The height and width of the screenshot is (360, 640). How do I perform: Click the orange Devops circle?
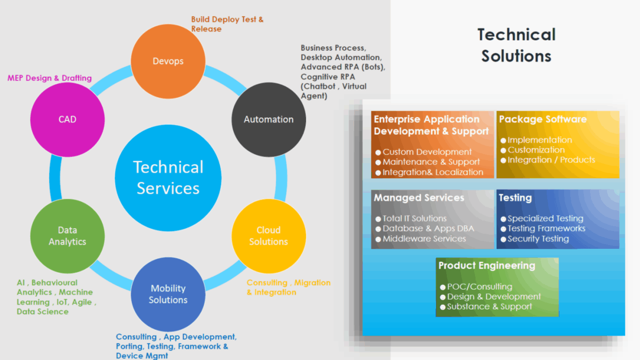click(x=168, y=61)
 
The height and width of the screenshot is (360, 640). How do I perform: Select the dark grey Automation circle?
click(x=269, y=120)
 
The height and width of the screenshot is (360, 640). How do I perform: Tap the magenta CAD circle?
click(x=67, y=120)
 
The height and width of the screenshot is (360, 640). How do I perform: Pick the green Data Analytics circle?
click(x=67, y=236)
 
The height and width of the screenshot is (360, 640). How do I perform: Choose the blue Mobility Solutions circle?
click(x=168, y=294)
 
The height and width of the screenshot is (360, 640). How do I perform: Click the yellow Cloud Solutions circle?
click(x=269, y=236)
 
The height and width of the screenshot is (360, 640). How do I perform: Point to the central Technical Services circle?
click(x=168, y=178)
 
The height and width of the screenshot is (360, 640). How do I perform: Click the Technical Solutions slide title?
click(x=516, y=45)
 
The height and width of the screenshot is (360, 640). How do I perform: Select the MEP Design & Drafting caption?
click(x=49, y=78)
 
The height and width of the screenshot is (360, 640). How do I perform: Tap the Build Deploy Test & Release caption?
click(x=227, y=24)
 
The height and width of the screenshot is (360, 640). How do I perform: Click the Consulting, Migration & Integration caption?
click(x=288, y=287)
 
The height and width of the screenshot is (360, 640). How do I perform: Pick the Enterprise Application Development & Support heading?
click(x=431, y=125)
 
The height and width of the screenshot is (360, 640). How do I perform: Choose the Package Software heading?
click(x=543, y=119)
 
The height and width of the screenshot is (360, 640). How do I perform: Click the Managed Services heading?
click(x=419, y=198)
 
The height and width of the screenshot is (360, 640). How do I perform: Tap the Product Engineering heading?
click(x=487, y=265)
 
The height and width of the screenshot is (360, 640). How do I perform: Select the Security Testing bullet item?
click(x=538, y=239)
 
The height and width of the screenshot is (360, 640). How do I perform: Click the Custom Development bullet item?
click(x=427, y=152)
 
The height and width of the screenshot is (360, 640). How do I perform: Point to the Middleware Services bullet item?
click(x=424, y=239)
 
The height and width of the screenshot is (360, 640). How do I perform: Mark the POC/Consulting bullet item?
click(x=479, y=287)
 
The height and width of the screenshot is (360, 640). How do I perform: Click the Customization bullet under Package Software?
click(x=536, y=150)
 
